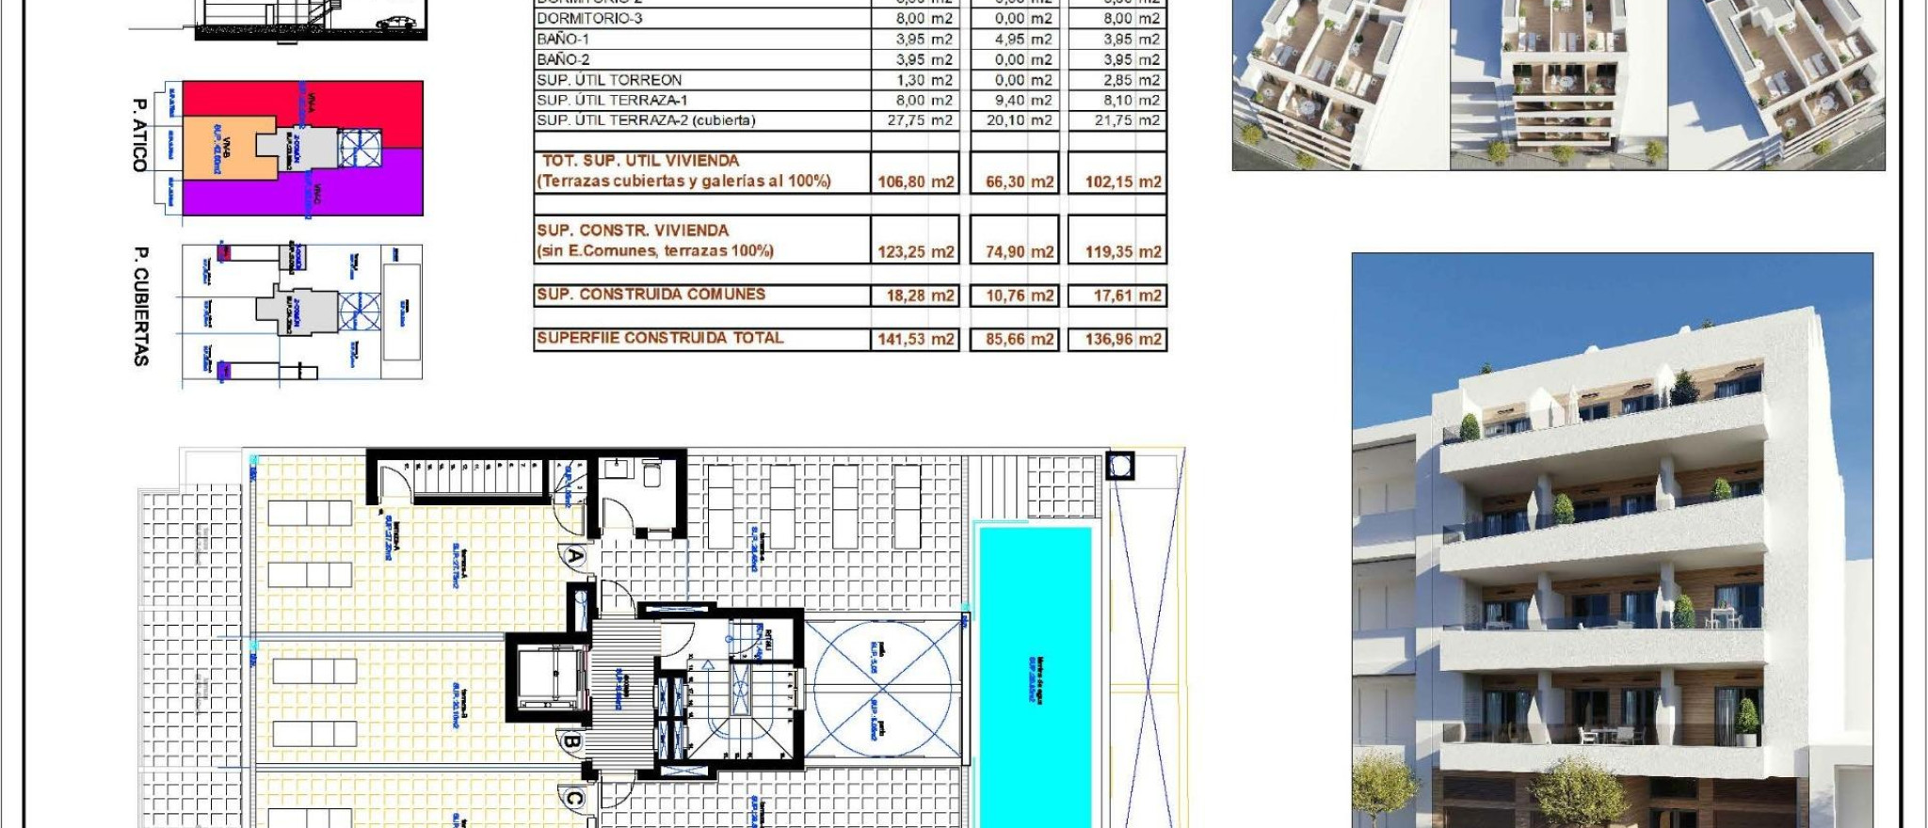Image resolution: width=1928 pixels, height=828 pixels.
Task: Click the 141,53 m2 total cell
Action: coord(915,339)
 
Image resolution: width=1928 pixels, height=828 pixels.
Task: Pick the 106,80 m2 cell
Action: coord(915,182)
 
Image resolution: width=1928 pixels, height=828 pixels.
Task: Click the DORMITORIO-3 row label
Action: coord(589,19)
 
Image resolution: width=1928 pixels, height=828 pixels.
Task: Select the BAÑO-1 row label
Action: coord(563,40)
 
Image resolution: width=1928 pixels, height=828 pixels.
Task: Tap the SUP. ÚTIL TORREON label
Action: coord(609,80)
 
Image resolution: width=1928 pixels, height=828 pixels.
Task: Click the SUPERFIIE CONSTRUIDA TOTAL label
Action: coord(659,338)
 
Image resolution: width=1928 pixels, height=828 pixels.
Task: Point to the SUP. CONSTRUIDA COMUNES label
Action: coord(651,295)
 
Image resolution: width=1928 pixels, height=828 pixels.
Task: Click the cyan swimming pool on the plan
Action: coord(1035,677)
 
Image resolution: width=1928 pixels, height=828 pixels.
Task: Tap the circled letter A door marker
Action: coord(574,556)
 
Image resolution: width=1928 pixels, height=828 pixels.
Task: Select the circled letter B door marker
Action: coord(570,742)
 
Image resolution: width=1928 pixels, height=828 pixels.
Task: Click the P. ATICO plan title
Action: coord(140,135)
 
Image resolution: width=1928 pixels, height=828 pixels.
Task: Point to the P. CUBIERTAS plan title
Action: coord(141,306)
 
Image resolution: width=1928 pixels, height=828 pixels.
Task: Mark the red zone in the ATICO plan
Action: coord(377,108)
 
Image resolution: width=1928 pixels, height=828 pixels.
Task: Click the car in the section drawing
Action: coord(396,22)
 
